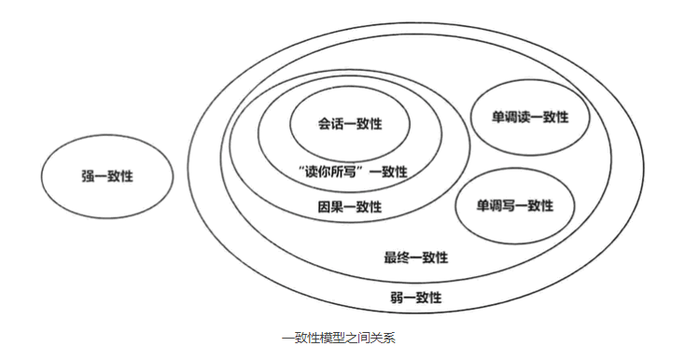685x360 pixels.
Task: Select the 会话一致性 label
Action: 349,124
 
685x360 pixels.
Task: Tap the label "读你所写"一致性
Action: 350,172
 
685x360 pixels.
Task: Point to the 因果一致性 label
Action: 349,207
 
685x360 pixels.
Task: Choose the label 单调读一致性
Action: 530,118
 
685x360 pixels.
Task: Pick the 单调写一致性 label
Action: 514,205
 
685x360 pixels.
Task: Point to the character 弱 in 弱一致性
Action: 396,298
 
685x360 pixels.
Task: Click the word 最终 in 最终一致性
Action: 397,257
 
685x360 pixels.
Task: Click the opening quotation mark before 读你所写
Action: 297,169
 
